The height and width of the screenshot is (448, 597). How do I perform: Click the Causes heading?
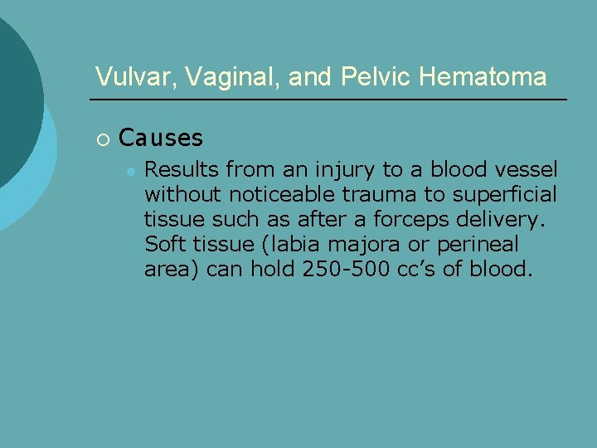coord(161,137)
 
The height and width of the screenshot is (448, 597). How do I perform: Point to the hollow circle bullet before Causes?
coord(101,138)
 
